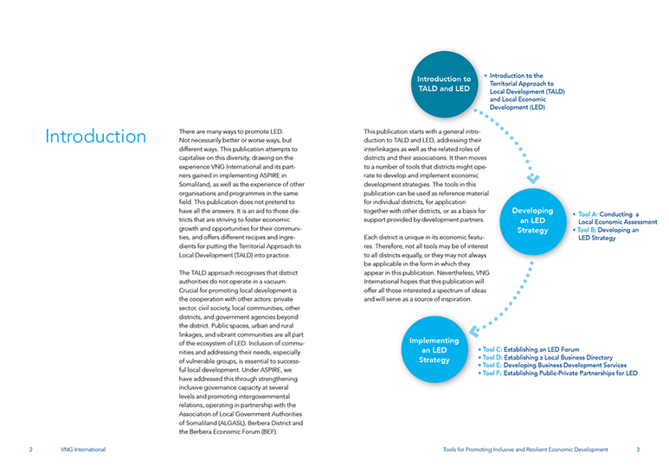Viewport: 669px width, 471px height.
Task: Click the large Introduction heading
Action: tap(96, 137)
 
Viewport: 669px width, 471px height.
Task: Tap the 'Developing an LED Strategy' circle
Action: tap(532, 220)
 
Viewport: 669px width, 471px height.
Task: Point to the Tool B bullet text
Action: tap(608, 234)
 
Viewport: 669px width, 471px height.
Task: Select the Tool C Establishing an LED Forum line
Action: tap(531, 350)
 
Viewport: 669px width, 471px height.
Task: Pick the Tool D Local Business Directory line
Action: tap(546, 358)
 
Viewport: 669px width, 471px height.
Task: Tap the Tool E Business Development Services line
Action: tap(554, 366)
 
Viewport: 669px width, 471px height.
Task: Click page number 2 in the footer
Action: tap(30, 449)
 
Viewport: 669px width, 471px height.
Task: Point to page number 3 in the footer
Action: tap(638, 449)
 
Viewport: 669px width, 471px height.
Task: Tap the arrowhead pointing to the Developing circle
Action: tap(533, 180)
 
